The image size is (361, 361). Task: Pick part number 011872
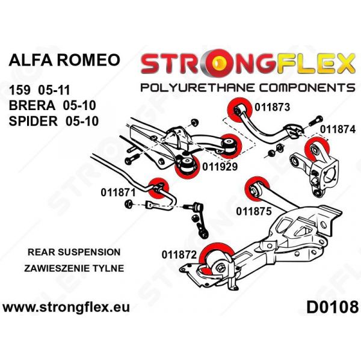(x=179, y=254)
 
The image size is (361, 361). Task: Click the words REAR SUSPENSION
(x=66, y=252)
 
